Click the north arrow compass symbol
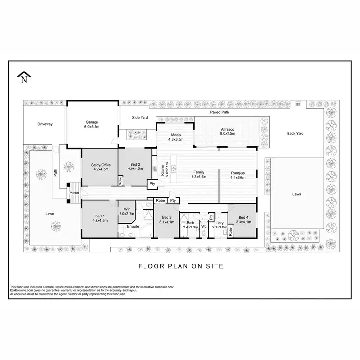coord(24,77)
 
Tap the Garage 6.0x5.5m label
coord(92,124)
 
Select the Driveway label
coord(45,124)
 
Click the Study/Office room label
coord(100,167)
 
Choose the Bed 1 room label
coord(100,218)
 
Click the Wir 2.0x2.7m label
coord(126,211)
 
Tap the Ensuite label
coord(133,227)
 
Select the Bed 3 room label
coord(167,220)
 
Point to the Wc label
coord(204,227)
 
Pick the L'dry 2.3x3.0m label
coord(219,225)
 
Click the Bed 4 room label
coord(243,220)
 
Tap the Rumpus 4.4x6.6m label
coord(238,175)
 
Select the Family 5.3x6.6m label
coord(199,174)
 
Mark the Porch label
coord(74,193)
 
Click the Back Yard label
coord(296,134)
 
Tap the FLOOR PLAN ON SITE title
coord(180,266)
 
